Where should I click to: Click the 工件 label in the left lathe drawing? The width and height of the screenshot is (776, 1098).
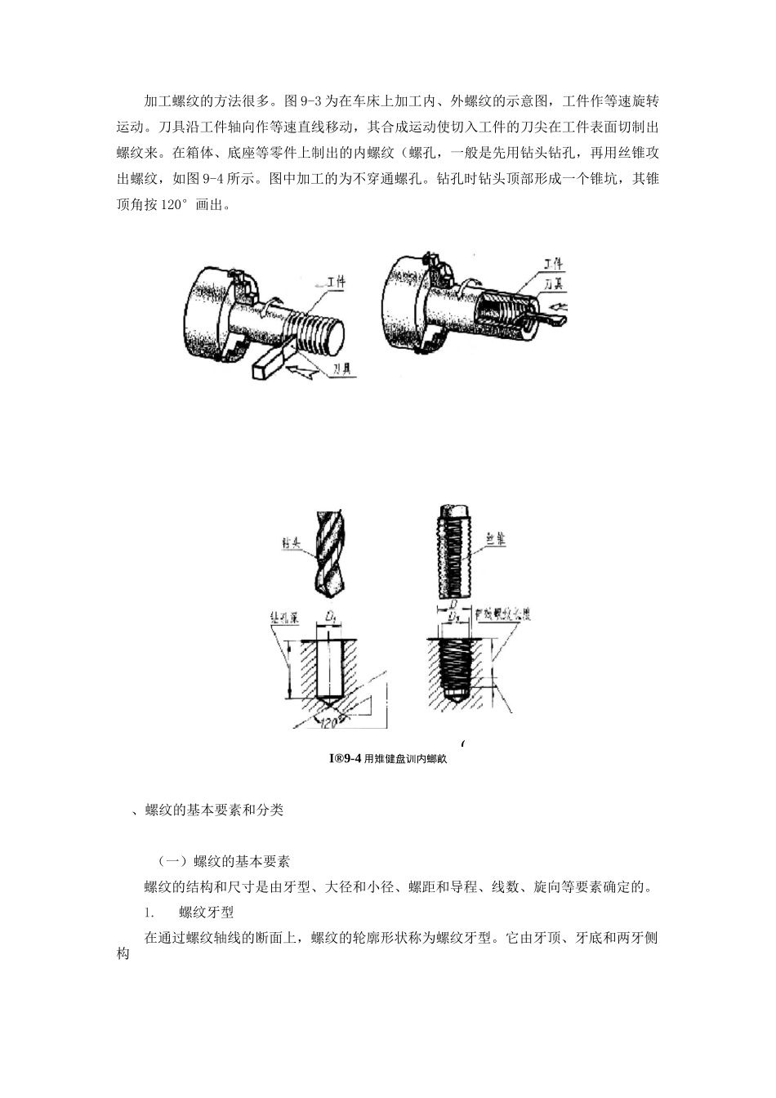click(x=336, y=282)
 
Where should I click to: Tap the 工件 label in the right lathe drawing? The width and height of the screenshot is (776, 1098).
click(x=554, y=265)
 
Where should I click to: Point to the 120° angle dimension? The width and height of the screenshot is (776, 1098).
click(x=330, y=724)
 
